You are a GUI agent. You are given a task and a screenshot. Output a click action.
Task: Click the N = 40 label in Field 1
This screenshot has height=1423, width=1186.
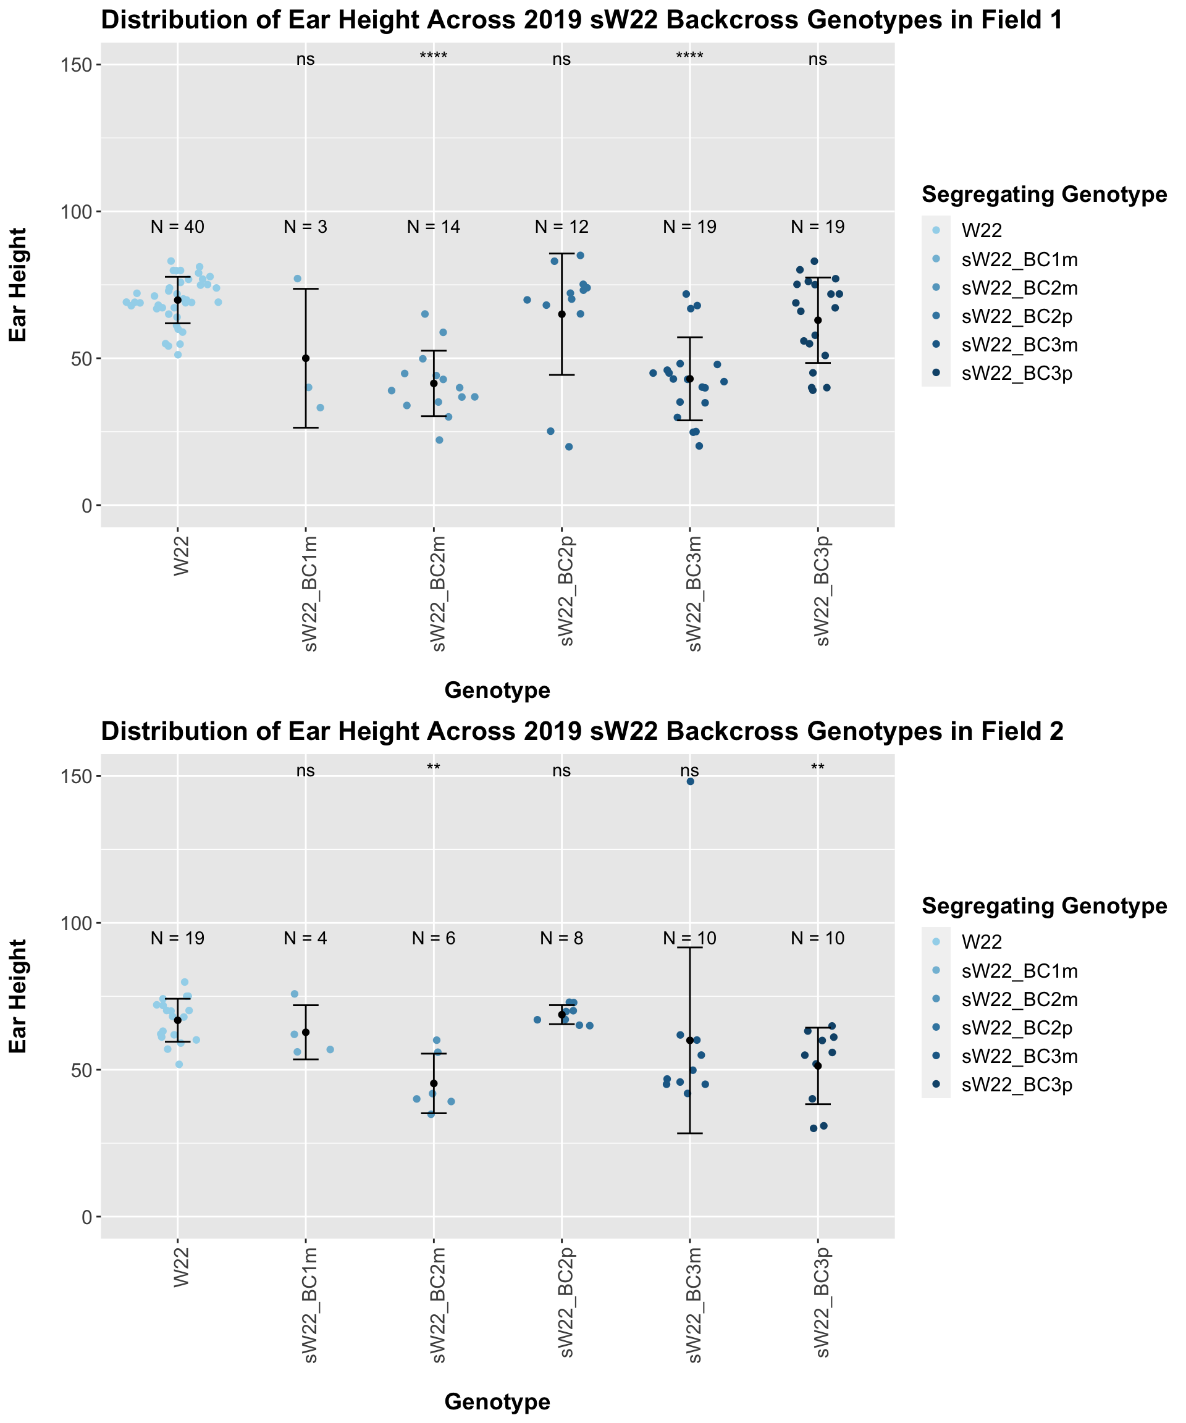pyautogui.click(x=177, y=228)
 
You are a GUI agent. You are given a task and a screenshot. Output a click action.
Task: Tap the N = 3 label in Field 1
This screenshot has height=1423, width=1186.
pyautogui.click(x=305, y=228)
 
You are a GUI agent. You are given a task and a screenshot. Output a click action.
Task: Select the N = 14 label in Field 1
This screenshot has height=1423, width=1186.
pyautogui.click(x=433, y=228)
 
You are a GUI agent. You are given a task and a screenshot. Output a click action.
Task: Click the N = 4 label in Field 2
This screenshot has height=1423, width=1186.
pyautogui.click(x=305, y=939)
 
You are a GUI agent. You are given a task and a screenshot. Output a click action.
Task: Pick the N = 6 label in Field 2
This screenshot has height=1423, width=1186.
pyautogui.click(x=433, y=939)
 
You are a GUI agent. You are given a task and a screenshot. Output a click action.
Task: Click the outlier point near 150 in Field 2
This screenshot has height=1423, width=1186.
pyautogui.click(x=690, y=781)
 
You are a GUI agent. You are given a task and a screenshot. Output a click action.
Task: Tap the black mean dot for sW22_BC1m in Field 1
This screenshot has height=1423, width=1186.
pyautogui.click(x=306, y=358)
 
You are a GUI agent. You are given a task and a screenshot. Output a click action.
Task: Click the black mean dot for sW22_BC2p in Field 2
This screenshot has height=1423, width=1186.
pyautogui.click(x=562, y=1014)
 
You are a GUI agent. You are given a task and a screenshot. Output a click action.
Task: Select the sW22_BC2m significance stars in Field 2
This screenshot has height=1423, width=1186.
pyautogui.click(x=433, y=769)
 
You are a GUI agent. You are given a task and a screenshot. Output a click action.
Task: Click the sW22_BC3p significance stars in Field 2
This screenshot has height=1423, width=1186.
pyautogui.click(x=817, y=769)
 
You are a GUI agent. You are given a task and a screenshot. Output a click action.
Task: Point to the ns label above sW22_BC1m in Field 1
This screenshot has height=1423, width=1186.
pyautogui.click(x=305, y=60)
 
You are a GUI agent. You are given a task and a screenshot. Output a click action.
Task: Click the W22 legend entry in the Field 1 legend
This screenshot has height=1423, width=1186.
pyautogui.click(x=982, y=231)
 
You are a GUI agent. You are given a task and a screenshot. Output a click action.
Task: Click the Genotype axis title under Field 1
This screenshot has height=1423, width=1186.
pyautogui.click(x=497, y=691)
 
